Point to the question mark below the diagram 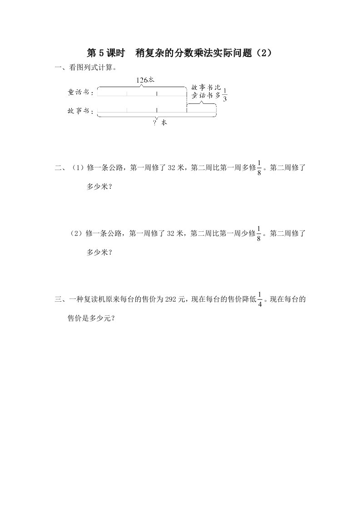[155, 122]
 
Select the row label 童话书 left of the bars [80, 93]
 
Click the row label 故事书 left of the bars [80, 110]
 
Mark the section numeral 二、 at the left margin [59, 168]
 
